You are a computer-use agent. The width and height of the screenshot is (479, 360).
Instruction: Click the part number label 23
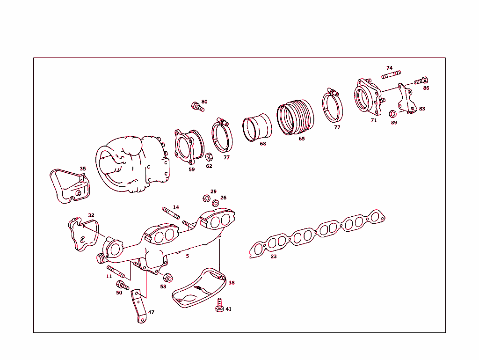click(x=274, y=257)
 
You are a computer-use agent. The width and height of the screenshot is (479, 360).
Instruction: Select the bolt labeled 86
click(x=421, y=81)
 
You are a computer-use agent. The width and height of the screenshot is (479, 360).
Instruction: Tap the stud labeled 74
click(x=391, y=75)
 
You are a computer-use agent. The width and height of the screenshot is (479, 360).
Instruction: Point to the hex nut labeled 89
click(x=393, y=113)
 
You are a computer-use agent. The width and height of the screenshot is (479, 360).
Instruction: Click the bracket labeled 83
click(x=406, y=99)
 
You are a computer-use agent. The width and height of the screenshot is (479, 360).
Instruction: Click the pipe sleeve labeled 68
click(x=257, y=127)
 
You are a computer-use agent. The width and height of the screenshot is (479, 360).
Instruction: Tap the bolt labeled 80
click(x=197, y=107)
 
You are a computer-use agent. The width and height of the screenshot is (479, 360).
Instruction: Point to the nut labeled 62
click(x=210, y=156)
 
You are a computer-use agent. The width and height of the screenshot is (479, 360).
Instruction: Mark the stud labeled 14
click(x=171, y=213)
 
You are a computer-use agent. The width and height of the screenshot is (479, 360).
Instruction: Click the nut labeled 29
click(x=204, y=198)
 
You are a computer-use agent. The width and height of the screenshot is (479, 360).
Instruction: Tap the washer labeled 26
click(x=215, y=203)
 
